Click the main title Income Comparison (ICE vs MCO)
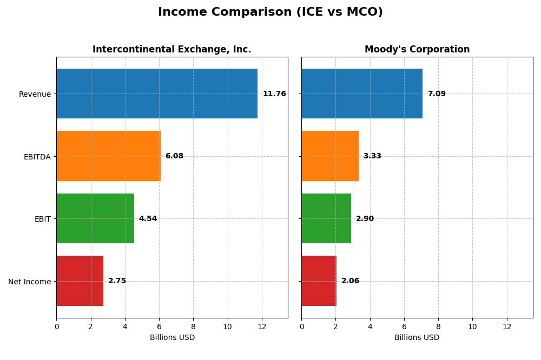pyautogui.click(x=270, y=12)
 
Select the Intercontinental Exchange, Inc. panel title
pyautogui.click(x=171, y=49)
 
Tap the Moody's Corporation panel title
pyautogui.click(x=417, y=49)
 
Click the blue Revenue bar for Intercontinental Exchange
pyautogui.click(x=157, y=94)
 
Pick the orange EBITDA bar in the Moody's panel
pyautogui.click(x=330, y=156)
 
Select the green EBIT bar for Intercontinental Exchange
pyautogui.click(x=95, y=218)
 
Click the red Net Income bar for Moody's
pyautogui.click(x=319, y=281)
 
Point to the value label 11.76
pyautogui.click(x=274, y=94)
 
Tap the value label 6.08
pyautogui.click(x=174, y=156)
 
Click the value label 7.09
pyautogui.click(x=437, y=94)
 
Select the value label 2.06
pyautogui.click(x=350, y=281)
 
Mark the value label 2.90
pyautogui.click(x=365, y=219)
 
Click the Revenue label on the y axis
pyautogui.click(x=35, y=94)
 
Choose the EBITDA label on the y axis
pyautogui.click(x=37, y=157)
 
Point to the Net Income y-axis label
pyautogui.click(x=29, y=282)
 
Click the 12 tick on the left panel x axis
pyautogui.click(x=262, y=326)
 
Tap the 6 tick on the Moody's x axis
pyautogui.click(x=404, y=326)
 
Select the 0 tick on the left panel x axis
pyautogui.click(x=56, y=326)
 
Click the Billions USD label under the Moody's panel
pyautogui.click(x=417, y=338)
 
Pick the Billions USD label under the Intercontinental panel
pyautogui.click(x=172, y=338)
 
